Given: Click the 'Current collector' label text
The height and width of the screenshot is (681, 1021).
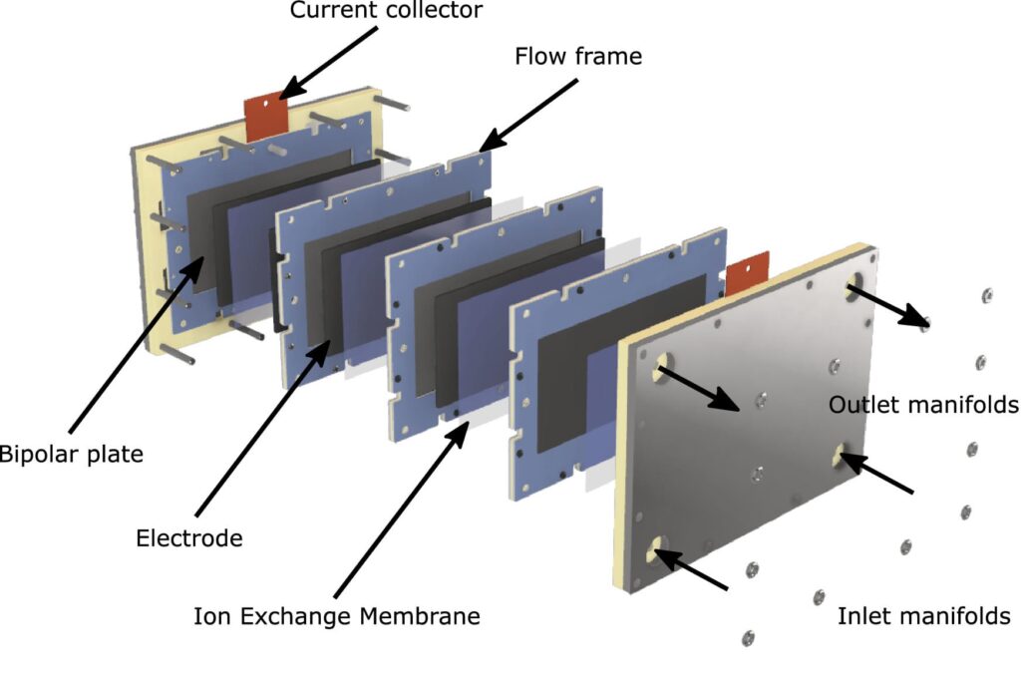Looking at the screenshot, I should click(x=386, y=11).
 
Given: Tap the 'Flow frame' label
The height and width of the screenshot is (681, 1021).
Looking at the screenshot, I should click(x=578, y=56).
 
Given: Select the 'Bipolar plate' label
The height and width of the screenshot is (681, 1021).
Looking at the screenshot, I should click(x=70, y=455).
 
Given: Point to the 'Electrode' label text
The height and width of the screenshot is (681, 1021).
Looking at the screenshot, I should click(x=189, y=538).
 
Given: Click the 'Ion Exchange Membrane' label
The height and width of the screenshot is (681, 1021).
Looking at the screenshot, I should click(x=337, y=616).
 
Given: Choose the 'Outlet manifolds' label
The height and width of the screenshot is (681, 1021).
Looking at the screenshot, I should click(x=923, y=405).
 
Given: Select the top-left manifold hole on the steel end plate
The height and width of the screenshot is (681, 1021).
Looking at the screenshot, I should click(x=663, y=373).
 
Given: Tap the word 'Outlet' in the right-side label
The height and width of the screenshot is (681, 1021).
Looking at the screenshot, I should click(x=861, y=405).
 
